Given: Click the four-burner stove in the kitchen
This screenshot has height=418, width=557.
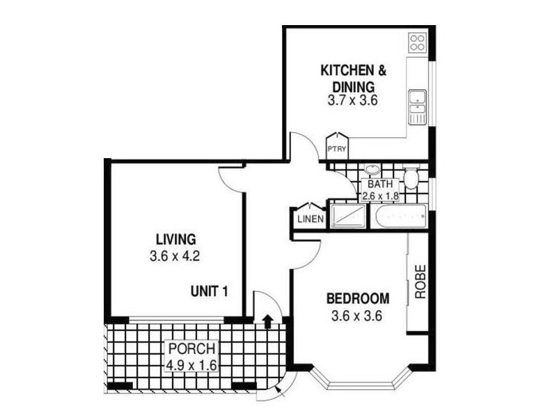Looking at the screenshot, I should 418,42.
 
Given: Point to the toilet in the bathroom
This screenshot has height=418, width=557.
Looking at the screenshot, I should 411,178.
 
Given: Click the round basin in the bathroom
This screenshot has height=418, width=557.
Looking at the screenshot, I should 372,171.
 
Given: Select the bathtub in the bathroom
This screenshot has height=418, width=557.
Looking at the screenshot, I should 398,218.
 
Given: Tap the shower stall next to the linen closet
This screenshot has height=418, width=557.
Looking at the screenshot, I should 347,216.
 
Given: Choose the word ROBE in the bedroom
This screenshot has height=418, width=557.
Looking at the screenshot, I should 420,281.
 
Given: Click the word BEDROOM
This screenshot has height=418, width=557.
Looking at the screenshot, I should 358,299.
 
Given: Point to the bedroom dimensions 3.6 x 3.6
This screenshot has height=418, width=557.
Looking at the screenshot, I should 358,316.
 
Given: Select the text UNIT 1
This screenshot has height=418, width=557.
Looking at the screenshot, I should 210,291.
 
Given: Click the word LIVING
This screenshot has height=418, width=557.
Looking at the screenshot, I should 175,239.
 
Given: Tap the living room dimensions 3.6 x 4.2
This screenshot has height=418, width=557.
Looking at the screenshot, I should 175,256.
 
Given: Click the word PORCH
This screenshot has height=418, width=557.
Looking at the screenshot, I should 191,349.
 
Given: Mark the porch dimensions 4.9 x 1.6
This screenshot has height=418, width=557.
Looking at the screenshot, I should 191,365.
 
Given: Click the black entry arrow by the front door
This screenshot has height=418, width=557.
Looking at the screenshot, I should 267,320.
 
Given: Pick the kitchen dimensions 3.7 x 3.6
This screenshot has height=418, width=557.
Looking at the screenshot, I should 352,100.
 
